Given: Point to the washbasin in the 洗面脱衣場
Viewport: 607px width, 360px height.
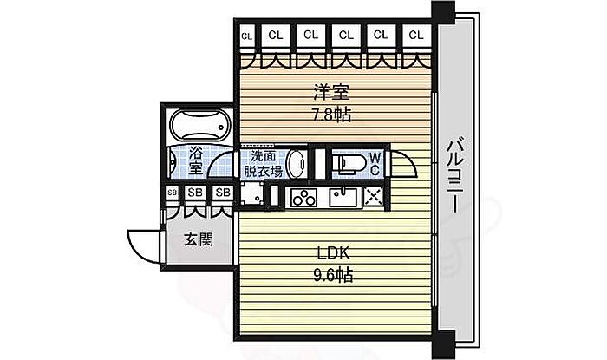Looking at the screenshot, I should (297, 162).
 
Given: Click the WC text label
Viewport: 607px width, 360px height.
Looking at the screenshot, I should (375, 163).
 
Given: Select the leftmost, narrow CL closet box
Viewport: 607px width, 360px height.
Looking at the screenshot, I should (246, 36).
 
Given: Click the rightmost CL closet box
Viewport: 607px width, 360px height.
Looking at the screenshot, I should (416, 36).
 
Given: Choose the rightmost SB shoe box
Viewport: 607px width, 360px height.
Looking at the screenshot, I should (223, 193).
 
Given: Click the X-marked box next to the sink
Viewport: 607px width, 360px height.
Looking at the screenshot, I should (375, 197).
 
